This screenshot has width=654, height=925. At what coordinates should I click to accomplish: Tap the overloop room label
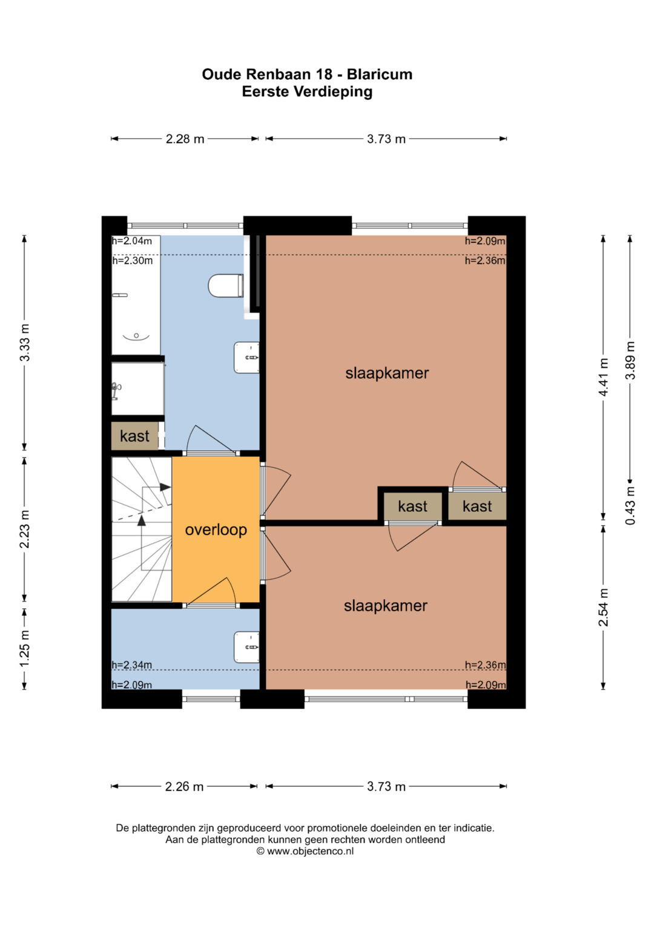[x=216, y=530]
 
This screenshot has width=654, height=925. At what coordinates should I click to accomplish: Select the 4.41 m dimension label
[x=603, y=377]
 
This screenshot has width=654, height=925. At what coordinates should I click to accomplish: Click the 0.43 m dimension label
[x=630, y=505]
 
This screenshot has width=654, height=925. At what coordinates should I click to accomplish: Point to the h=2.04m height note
[x=132, y=241]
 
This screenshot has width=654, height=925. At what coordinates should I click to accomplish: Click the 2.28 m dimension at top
[x=185, y=139]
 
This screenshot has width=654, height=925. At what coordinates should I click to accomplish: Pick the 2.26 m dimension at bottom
[x=184, y=786]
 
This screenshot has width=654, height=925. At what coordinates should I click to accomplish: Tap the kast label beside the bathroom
[x=134, y=436]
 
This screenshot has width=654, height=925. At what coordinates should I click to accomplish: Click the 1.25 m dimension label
[x=25, y=649]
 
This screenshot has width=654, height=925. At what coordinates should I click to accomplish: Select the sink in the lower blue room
[x=247, y=647]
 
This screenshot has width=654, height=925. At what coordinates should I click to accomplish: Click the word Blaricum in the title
[x=380, y=75]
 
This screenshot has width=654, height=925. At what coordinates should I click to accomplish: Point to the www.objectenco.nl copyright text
[x=305, y=851]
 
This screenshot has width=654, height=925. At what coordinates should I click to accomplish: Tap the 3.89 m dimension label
[x=630, y=360]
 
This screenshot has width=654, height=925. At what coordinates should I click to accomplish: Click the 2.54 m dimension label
[x=603, y=607]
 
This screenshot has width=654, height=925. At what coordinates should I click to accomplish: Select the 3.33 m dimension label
[x=25, y=343]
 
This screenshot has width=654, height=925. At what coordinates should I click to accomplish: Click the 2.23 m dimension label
[x=25, y=529]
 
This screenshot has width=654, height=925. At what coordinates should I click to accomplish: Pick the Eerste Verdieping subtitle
[x=307, y=92]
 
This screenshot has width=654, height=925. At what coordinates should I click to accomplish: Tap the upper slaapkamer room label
[x=387, y=373]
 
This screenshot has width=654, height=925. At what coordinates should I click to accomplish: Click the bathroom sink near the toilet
[x=247, y=358]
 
